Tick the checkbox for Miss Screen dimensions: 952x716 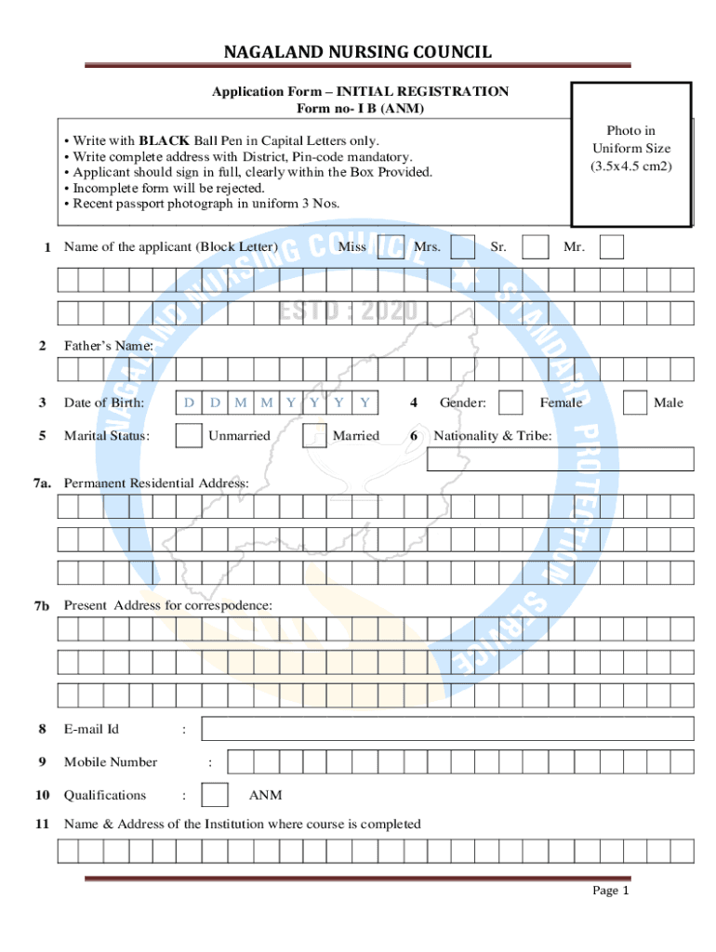(x=391, y=246)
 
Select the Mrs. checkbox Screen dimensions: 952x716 (x=462, y=246)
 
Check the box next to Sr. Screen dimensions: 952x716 (x=535, y=246)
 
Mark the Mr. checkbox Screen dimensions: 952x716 (x=612, y=246)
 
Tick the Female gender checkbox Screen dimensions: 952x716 (x=510, y=403)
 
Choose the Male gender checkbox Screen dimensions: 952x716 (x=635, y=403)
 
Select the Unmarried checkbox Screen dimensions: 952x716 (x=189, y=435)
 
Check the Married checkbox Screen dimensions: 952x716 (x=314, y=435)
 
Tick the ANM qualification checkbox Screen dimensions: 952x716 (x=215, y=795)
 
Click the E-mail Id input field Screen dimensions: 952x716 (x=447, y=729)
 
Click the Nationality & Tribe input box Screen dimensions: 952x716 (x=561, y=459)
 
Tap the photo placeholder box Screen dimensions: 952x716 (x=631, y=154)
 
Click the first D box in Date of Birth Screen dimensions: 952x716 (x=189, y=403)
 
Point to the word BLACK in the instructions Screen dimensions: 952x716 (x=165, y=140)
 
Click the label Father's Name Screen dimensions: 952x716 (x=108, y=346)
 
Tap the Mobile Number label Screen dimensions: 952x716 (x=111, y=762)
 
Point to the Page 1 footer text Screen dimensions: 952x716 (x=611, y=891)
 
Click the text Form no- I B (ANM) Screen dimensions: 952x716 (x=360, y=109)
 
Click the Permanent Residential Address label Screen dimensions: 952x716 (x=156, y=483)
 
